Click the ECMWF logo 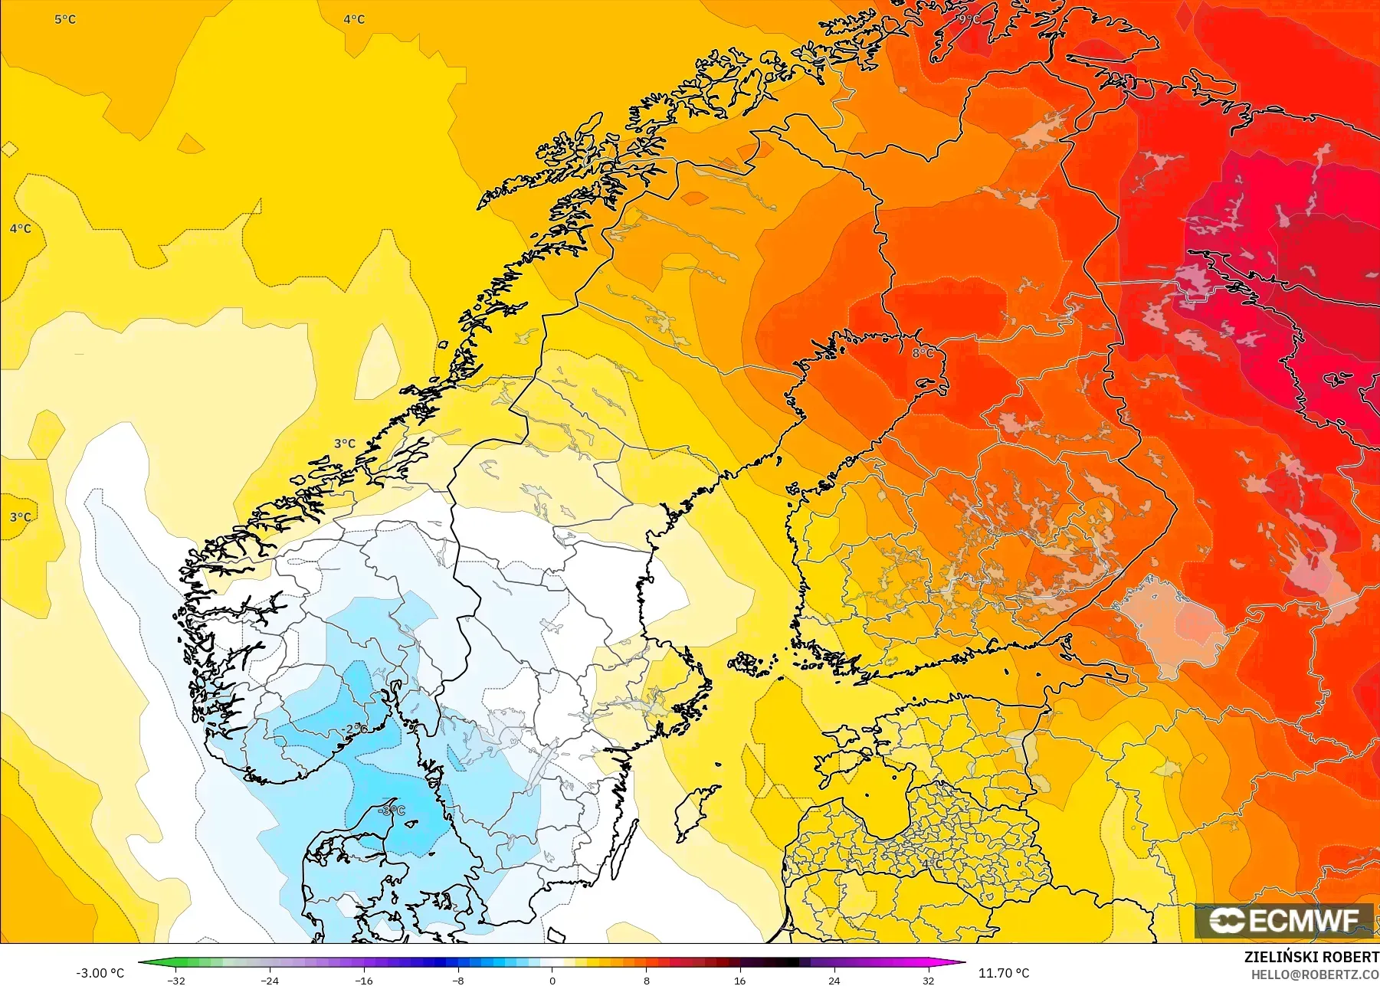(1283, 921)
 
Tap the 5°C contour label (65, 19)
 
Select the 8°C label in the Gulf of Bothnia (923, 352)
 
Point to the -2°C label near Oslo (355, 729)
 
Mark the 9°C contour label (968, 19)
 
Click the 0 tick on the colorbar (552, 980)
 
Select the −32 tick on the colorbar (176, 980)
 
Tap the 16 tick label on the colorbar (739, 980)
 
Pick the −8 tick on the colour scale (457, 980)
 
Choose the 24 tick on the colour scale (834, 980)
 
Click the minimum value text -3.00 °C (100, 973)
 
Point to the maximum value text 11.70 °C (1004, 973)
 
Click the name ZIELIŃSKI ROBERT (1311, 957)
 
